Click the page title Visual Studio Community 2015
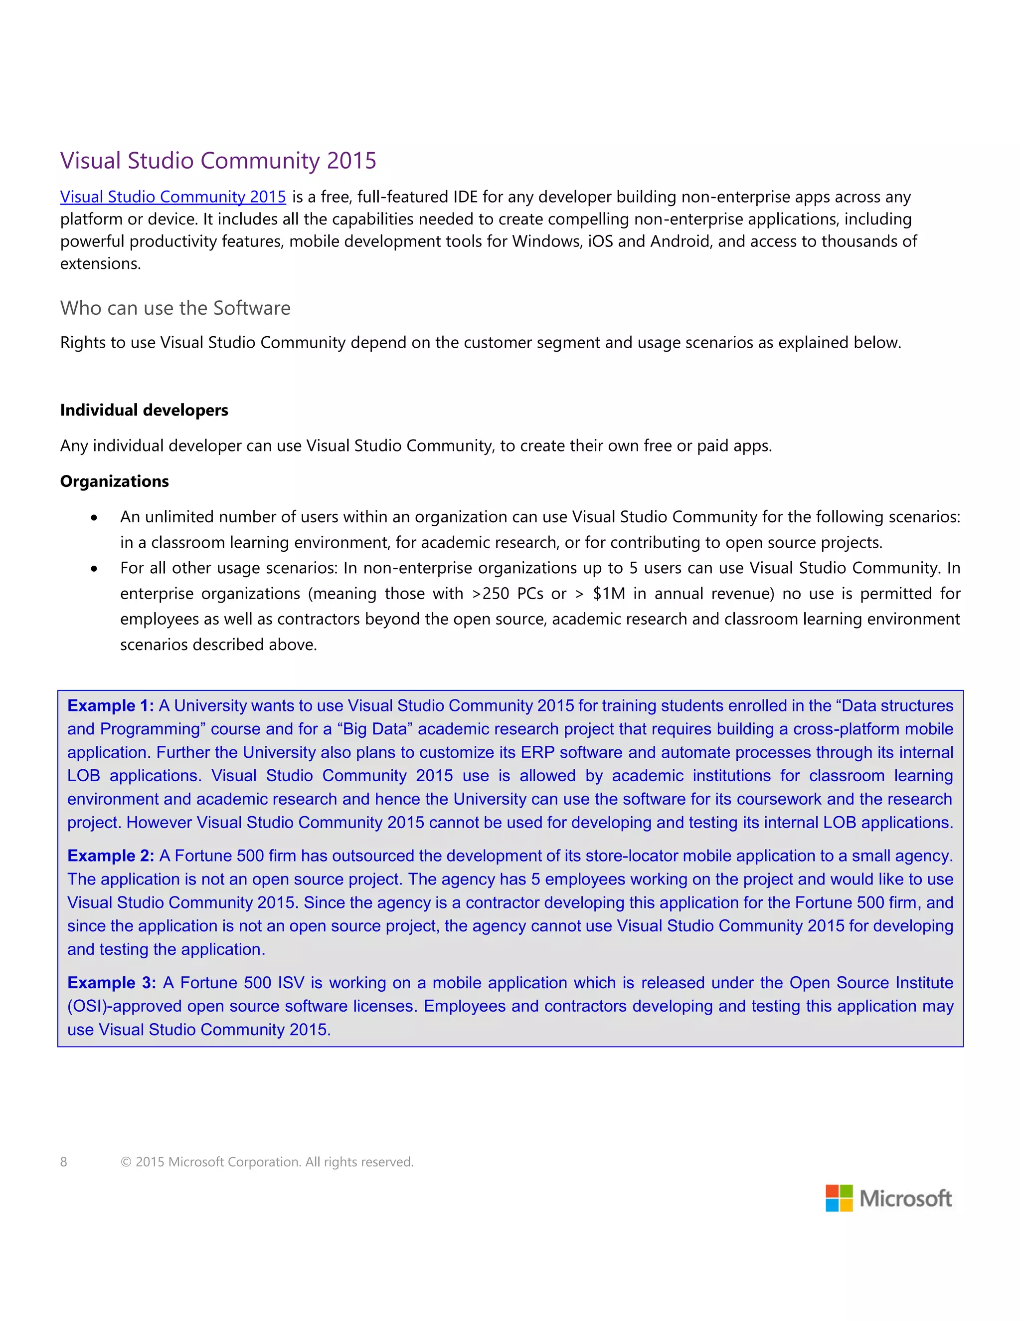(x=218, y=161)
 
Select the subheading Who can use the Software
(x=175, y=308)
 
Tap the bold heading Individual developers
(x=144, y=411)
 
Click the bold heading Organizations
(x=114, y=482)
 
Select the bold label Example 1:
(x=110, y=706)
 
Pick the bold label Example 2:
(x=110, y=856)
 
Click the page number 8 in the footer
(x=63, y=1161)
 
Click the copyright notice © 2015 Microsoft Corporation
(x=267, y=1161)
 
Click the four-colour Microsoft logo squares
(x=839, y=1198)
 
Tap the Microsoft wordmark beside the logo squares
(x=905, y=1198)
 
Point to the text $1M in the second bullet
(x=609, y=594)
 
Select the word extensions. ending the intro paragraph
(x=100, y=264)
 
